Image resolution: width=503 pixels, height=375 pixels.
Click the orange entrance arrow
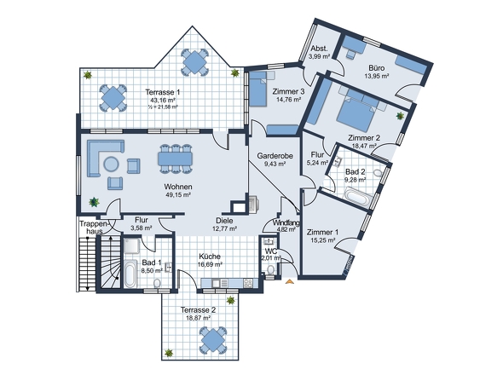tap(290, 281)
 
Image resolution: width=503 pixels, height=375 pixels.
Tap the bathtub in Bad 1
tap(130, 274)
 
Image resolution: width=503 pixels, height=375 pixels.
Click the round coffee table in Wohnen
tap(111, 164)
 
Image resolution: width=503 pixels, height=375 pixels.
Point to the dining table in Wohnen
tap(175, 159)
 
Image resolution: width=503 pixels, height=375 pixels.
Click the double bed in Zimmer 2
tap(356, 112)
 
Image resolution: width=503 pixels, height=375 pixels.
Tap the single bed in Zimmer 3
tap(258, 89)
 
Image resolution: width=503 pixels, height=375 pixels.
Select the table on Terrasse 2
tap(212, 340)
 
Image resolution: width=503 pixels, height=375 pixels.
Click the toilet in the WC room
tap(270, 269)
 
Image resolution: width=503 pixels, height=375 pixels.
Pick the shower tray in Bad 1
tap(131, 245)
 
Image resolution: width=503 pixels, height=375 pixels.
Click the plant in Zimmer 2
tap(400, 116)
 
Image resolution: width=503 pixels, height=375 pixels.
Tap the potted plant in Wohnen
tap(94, 202)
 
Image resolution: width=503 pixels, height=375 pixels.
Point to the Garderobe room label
tap(275, 156)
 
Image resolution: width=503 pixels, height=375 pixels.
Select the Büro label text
tap(376, 68)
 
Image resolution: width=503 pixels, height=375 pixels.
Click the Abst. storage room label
tap(320, 49)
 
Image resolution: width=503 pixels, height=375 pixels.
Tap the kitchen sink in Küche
tap(216, 283)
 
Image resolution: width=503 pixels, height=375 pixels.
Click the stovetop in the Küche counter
tap(248, 283)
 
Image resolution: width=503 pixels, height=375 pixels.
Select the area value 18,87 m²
tap(199, 318)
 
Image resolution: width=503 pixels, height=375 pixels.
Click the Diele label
tap(224, 221)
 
